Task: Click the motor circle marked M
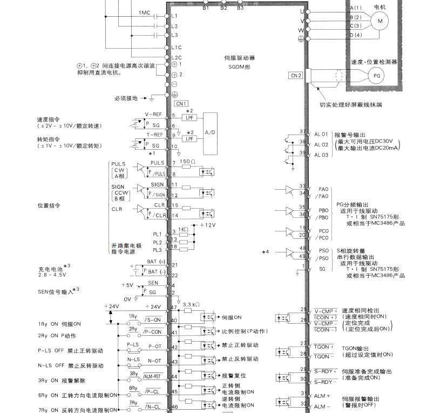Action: pyautogui.click(x=379, y=21)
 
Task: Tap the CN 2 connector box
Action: pyautogui.click(x=296, y=75)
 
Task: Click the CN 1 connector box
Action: pyautogui.click(x=181, y=103)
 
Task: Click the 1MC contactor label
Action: pyautogui.click(x=145, y=12)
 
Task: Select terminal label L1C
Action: pyautogui.click(x=175, y=48)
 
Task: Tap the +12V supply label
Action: pyautogui.click(x=208, y=224)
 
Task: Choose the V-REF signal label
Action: pyautogui.click(x=154, y=114)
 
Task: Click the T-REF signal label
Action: pyautogui.click(x=154, y=134)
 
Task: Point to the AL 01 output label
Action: pyautogui.click(x=321, y=134)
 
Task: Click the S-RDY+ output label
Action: pyautogui.click(x=325, y=371)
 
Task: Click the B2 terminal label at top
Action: pyautogui.click(x=223, y=8)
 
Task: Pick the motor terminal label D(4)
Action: pyautogui.click(x=355, y=35)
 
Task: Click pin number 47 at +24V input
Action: pyautogui.click(x=174, y=307)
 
